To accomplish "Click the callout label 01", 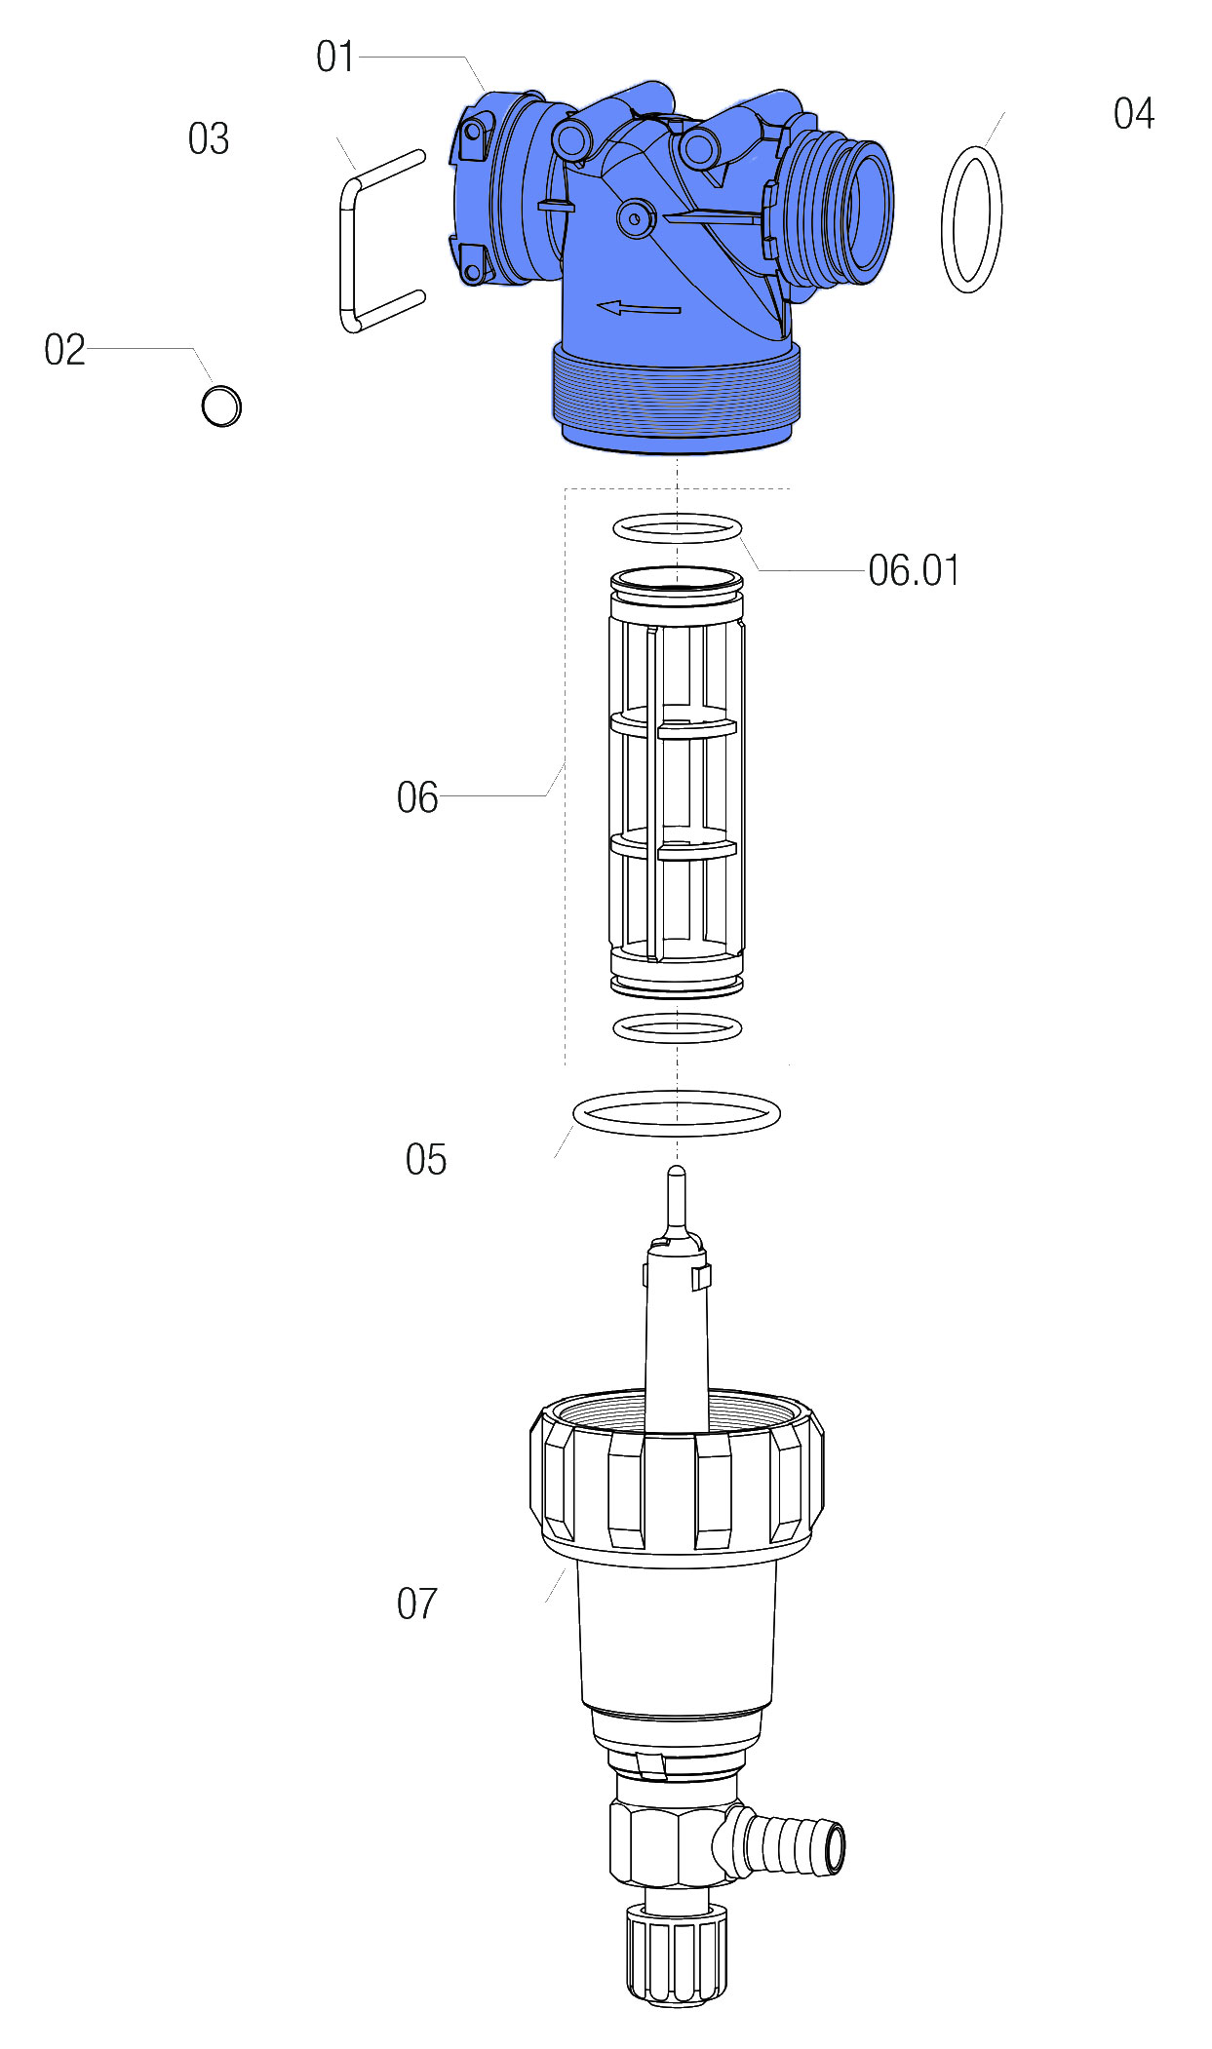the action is click(x=334, y=57).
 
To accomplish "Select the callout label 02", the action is click(x=64, y=350).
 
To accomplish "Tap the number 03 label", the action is click(x=209, y=138).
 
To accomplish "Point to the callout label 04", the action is click(x=1134, y=113).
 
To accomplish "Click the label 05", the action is click(x=426, y=1160).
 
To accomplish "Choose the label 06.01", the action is click(x=914, y=570).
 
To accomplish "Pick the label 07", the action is click(x=417, y=1604).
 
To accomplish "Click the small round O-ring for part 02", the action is click(x=221, y=406).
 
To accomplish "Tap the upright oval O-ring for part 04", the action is click(x=944, y=219).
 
